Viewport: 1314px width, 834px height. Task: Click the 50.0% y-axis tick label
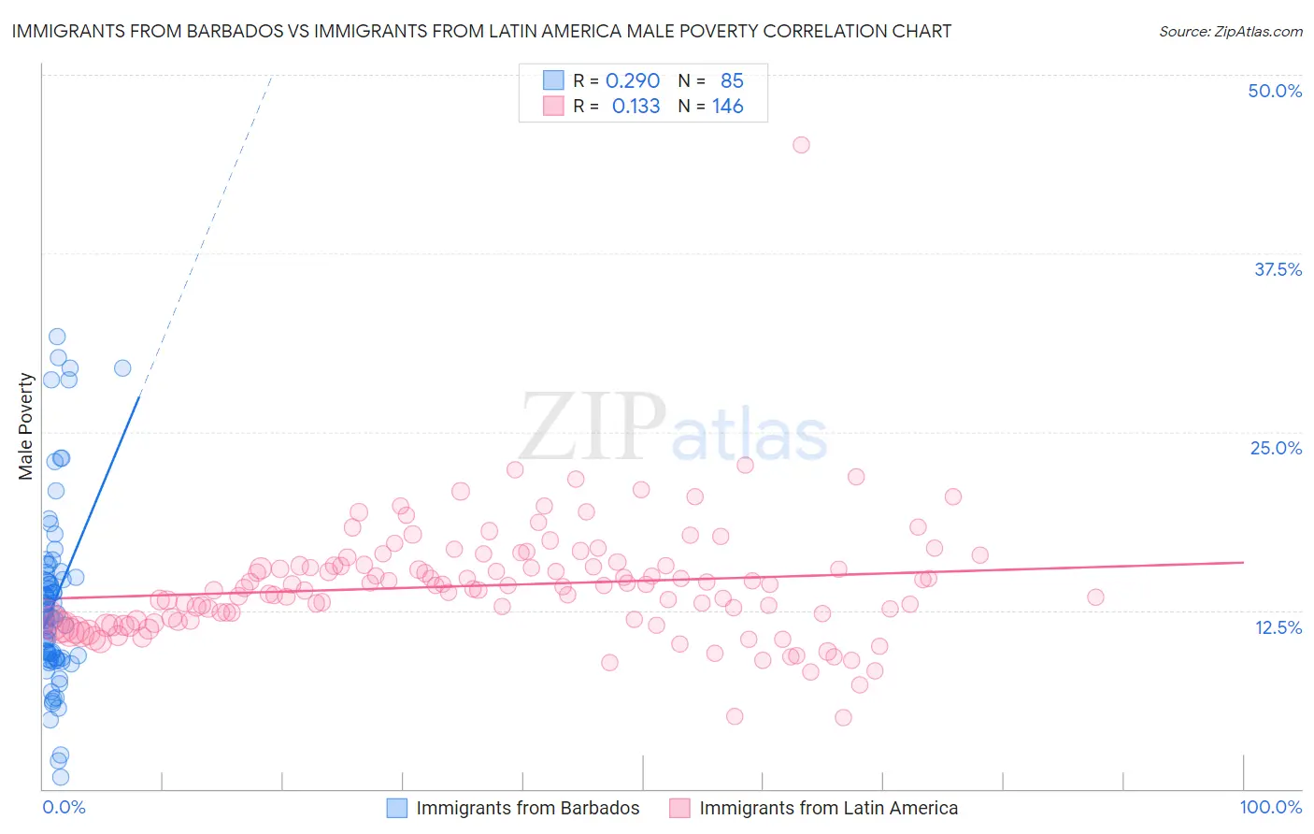point(1274,91)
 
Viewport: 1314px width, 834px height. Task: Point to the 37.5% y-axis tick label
point(1277,269)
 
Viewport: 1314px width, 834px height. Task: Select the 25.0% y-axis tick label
point(1275,448)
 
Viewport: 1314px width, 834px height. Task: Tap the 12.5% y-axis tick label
point(1278,627)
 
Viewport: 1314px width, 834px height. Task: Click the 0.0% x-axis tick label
point(64,807)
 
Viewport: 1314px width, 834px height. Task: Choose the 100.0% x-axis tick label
point(1270,807)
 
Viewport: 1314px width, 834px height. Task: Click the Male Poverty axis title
point(26,426)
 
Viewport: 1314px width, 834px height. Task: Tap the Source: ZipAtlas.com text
point(1230,31)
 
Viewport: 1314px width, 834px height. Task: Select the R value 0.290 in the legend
point(633,80)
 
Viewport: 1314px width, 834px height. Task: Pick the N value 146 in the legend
point(727,107)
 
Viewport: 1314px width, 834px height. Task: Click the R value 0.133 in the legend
point(636,107)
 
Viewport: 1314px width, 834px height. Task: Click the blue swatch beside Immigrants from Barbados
point(397,808)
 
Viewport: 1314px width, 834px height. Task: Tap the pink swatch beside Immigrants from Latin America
point(679,808)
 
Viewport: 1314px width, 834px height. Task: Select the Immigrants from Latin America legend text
point(828,808)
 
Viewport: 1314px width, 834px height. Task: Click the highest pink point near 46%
point(801,145)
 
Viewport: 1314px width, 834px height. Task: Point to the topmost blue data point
point(57,337)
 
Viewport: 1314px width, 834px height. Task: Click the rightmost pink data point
point(1095,597)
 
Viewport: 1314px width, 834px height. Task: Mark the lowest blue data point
point(61,777)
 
